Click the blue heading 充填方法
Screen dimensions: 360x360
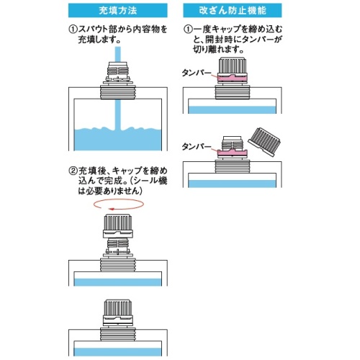(x=118, y=10)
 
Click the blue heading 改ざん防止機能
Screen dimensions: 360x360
(x=233, y=10)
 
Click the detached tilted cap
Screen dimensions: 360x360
(x=264, y=142)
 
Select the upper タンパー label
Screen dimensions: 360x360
(x=197, y=73)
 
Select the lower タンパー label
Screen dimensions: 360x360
(x=197, y=146)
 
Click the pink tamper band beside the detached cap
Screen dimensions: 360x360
(x=232, y=152)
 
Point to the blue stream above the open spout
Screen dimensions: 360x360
(x=118, y=54)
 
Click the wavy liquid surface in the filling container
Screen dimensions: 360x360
(x=118, y=129)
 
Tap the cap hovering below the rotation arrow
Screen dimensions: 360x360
(x=118, y=226)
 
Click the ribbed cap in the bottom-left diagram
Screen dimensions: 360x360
(x=118, y=312)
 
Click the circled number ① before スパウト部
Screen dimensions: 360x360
(x=73, y=30)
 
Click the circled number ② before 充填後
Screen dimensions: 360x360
(x=73, y=171)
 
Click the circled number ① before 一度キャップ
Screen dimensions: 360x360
(x=188, y=30)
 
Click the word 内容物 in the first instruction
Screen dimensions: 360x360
(x=146, y=30)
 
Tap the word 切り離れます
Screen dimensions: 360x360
(x=218, y=49)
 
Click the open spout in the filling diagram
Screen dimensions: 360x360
(x=118, y=73)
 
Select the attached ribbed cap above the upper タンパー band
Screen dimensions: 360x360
(x=232, y=66)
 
